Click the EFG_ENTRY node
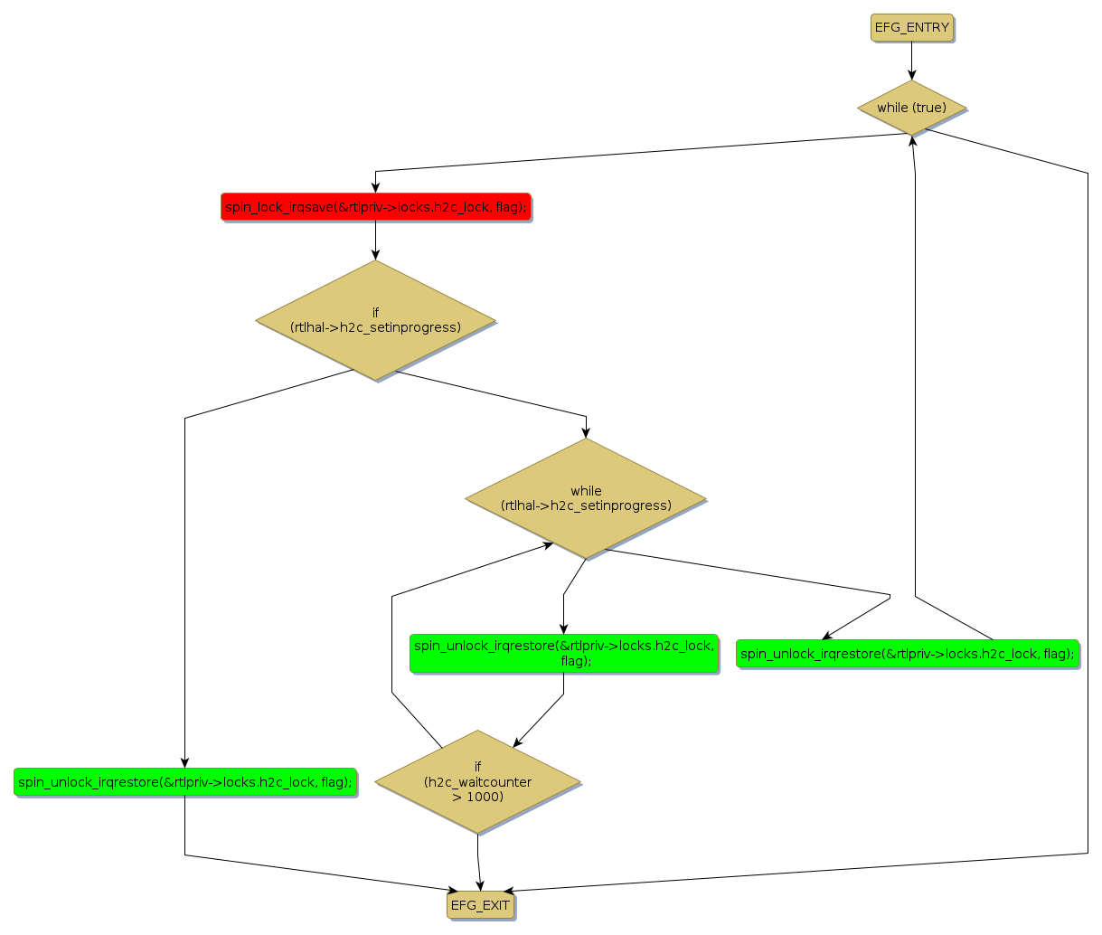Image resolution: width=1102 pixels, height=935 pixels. coord(911,27)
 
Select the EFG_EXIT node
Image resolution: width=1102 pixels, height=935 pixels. coord(480,905)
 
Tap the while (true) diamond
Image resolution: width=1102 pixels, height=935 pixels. coord(911,108)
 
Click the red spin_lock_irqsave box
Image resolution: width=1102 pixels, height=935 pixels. coord(375,207)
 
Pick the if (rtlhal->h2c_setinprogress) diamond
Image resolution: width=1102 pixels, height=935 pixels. coord(375,320)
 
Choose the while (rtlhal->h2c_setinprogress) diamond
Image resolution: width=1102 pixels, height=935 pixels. coord(586,498)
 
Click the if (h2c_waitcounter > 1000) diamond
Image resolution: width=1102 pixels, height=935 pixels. coord(477,782)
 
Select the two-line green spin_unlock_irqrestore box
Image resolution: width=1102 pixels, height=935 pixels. coord(564,653)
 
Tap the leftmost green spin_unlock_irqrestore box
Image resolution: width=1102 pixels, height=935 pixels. coord(185,782)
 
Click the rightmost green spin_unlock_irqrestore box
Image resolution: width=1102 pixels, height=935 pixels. coord(908,654)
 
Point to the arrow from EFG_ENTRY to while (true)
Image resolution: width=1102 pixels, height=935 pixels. coord(911,61)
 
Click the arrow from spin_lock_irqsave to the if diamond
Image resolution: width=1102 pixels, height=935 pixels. coord(375,241)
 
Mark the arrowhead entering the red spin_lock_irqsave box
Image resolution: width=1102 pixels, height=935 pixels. coord(375,187)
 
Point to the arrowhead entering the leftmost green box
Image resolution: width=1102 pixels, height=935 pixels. coord(184,762)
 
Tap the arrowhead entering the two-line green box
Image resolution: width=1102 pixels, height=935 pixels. coord(563,628)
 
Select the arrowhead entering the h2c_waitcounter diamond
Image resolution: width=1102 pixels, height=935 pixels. coord(517,743)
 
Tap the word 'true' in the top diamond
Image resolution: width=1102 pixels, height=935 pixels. coord(928,108)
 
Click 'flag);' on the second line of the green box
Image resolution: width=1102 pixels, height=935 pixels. coord(576,661)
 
